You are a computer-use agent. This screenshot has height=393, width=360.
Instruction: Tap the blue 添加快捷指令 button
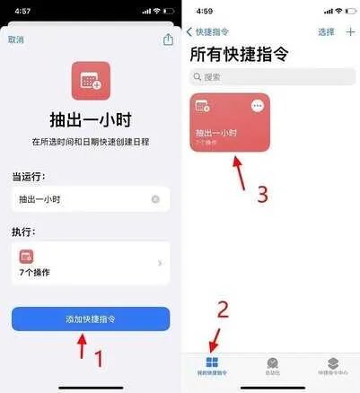(x=90, y=319)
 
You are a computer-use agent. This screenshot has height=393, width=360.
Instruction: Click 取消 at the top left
(x=16, y=40)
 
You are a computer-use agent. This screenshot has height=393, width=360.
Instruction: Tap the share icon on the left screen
(x=167, y=39)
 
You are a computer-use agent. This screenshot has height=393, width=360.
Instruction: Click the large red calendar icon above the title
(x=90, y=80)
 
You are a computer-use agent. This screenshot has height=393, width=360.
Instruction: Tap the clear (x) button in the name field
(x=156, y=199)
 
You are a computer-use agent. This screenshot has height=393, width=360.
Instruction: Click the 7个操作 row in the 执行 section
(x=90, y=262)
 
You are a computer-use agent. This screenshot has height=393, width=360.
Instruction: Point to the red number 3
(x=263, y=193)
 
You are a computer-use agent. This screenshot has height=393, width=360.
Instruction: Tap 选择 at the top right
(x=326, y=31)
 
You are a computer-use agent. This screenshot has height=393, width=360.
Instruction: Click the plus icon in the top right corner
(x=349, y=31)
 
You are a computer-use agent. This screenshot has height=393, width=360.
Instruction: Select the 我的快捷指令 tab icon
(x=212, y=363)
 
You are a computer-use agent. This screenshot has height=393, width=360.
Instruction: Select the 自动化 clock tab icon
(x=272, y=363)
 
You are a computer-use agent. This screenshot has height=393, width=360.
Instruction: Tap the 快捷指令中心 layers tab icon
(x=331, y=363)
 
